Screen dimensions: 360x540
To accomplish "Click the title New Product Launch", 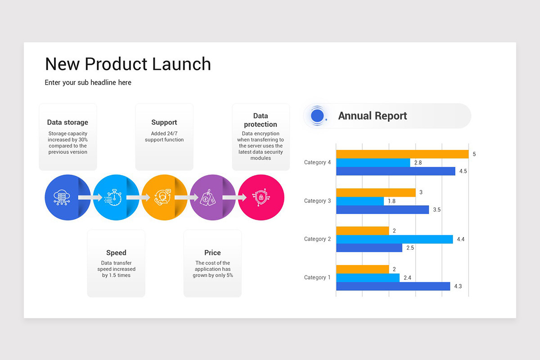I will (128, 64).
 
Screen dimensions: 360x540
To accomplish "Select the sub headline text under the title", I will (88, 82).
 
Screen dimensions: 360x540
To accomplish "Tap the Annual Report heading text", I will (372, 116).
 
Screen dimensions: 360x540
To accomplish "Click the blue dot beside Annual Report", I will (317, 116).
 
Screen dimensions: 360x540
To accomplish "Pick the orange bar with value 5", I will (402, 154).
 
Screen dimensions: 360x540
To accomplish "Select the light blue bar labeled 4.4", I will (394, 239).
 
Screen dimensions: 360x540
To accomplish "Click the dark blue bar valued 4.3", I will (393, 286).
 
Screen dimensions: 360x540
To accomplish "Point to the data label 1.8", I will (391, 201).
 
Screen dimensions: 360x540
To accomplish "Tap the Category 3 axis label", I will (317, 201).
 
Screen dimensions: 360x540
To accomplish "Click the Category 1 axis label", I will (317, 278).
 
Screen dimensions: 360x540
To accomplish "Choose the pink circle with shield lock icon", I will (261, 198).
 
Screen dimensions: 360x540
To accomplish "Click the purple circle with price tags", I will (209, 198).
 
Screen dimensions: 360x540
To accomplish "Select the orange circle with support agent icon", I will (161, 198).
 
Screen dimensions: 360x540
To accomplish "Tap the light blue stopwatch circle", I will (113, 198).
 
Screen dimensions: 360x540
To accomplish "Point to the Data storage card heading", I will (67, 122).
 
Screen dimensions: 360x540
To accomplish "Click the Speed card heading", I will (116, 253).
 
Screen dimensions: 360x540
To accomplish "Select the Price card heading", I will (212, 253).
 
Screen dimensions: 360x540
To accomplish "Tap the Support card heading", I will (164, 122).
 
